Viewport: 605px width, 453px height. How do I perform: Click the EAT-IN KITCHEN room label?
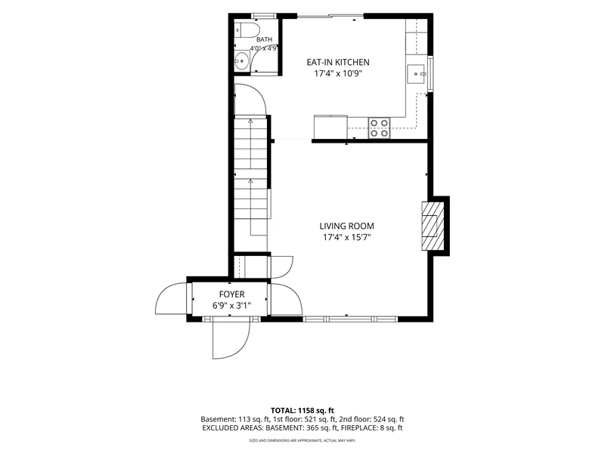point(337,62)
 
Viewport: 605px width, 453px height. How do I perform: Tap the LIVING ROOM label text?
point(346,226)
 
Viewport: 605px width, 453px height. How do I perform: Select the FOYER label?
point(231,294)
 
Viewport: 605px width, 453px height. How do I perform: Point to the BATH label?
point(264,39)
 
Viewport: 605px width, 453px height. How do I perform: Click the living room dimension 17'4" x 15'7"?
point(346,237)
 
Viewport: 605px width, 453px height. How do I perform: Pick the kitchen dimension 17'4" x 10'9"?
point(337,73)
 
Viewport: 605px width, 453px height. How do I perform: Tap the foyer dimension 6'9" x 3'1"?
point(231,306)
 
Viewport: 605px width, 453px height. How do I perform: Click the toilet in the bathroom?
point(248,29)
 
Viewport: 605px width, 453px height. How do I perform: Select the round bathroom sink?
point(241,61)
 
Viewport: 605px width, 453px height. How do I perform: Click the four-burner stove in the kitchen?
point(379,128)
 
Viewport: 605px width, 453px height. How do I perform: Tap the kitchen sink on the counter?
point(416,73)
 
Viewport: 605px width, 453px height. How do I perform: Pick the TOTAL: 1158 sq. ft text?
point(302,410)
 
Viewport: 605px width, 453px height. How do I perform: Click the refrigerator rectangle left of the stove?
point(330,127)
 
